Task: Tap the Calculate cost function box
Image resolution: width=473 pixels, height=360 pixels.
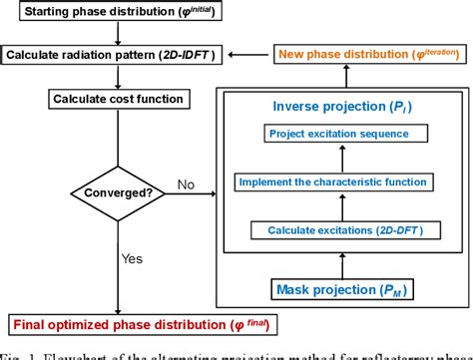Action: [x=118, y=99]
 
